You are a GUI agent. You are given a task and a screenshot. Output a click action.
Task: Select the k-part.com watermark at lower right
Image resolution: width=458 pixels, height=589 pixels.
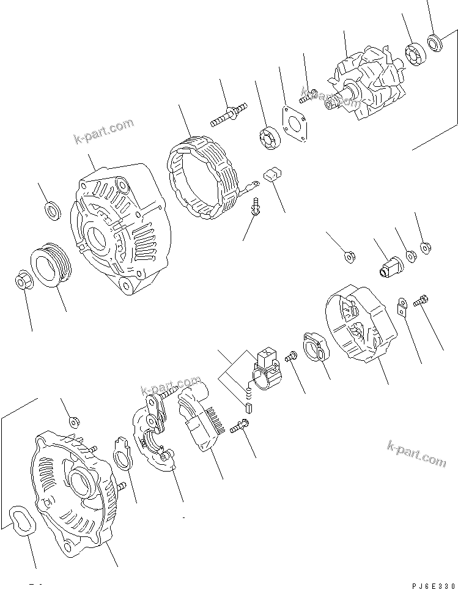coord(416,452)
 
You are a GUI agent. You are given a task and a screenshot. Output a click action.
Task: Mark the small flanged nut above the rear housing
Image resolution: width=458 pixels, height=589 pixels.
coord(73,421)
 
